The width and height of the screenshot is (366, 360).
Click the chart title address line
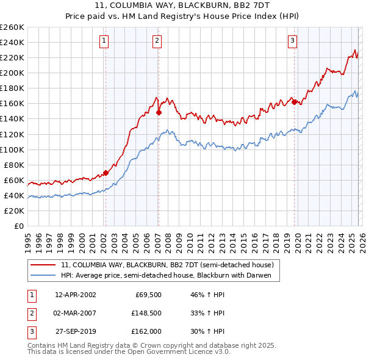183,6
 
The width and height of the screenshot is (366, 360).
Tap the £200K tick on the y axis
12,73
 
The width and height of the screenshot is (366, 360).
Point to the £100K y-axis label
12,149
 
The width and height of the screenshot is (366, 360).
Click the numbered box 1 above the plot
104,41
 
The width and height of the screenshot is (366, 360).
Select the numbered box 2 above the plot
157,41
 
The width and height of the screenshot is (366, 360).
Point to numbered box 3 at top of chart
293,41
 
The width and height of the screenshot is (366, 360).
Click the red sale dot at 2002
106,173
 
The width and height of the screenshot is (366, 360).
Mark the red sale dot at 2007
159,112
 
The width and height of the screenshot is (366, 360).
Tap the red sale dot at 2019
294,102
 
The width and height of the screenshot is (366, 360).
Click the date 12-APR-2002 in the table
75,295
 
